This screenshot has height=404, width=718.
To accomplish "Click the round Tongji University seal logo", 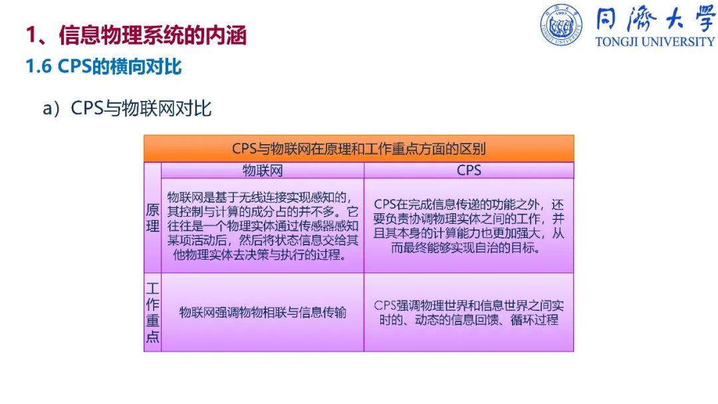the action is point(561,25).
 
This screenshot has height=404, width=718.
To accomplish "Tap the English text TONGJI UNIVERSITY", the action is point(655,42).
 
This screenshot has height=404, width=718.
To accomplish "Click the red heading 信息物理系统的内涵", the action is point(153,35).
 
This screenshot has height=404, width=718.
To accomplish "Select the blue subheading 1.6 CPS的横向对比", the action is point(104,67).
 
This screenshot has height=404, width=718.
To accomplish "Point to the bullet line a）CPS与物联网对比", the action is point(127,108).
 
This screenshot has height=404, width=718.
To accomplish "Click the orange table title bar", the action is point(358,148).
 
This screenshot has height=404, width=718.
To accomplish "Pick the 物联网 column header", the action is point(263,170).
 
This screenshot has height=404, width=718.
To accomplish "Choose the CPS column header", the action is point(469,170).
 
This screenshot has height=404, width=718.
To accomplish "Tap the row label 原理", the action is point(152,218).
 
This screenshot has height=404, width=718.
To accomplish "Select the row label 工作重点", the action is point(152,312).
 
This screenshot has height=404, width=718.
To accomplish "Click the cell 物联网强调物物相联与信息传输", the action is point(263,312).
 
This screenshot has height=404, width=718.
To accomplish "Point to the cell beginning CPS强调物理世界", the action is point(469,312).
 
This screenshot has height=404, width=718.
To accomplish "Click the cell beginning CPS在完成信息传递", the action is point(469,226).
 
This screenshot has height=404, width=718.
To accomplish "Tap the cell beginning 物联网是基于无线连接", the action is point(263,226).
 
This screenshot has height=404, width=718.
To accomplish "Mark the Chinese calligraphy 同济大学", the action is point(656,19).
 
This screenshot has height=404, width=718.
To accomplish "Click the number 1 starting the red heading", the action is point(31,35).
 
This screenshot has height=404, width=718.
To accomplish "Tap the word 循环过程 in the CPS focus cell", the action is point(535,320).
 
